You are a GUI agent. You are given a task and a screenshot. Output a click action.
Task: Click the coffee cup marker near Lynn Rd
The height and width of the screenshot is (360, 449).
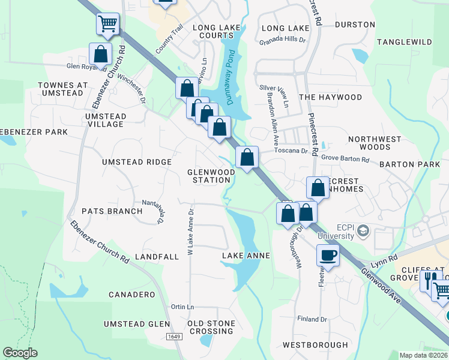[328, 255]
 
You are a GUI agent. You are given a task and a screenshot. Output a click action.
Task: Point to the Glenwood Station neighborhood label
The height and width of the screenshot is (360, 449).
[211, 176]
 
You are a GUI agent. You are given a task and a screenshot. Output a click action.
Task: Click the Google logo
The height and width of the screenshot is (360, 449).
[20, 353]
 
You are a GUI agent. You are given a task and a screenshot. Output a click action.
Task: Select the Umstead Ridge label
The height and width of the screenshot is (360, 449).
[137, 162]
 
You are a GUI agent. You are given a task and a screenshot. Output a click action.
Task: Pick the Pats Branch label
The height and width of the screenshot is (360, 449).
[112, 211]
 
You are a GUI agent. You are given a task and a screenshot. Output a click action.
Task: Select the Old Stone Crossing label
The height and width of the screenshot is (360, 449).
[211, 327]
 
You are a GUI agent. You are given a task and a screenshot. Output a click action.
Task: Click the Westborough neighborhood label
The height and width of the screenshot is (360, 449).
[315, 345]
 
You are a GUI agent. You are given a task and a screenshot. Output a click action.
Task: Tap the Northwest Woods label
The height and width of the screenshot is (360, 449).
[374, 143]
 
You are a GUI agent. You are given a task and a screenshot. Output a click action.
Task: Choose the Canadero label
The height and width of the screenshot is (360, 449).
[131, 295]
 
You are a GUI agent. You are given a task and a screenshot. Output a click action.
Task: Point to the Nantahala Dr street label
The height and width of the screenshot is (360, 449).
[152, 211]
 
